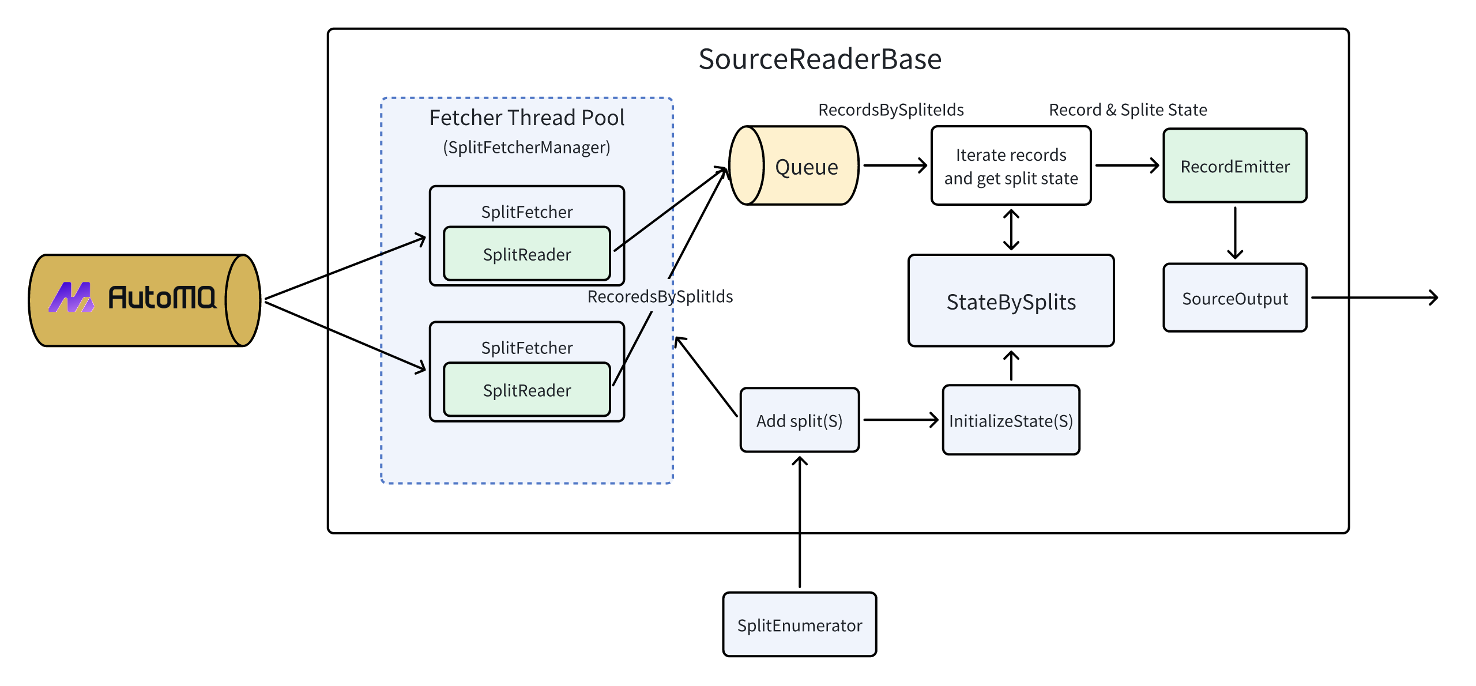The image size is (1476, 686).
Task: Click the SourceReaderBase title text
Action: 819,59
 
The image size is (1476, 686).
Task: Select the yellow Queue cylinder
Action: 795,166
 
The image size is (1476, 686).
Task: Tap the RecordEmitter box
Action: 1234,166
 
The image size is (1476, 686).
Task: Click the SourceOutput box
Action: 1234,298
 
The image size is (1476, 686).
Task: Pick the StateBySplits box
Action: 1011,301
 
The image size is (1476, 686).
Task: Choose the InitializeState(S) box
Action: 1011,420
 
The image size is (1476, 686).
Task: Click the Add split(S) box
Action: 799,420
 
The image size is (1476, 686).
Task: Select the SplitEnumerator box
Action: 799,625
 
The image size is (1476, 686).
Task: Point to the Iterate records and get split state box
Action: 1011,166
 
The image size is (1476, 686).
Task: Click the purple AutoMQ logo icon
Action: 71,297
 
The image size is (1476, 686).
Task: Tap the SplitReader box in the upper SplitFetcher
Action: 526,254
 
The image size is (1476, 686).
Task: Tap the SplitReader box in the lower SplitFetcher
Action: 526,390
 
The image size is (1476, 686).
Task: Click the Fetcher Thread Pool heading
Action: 526,118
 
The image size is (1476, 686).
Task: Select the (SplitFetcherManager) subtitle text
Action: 526,148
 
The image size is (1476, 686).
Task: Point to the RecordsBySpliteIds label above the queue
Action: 891,110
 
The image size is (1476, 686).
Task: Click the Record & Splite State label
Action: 1127,110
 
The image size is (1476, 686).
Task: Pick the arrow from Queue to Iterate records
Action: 894,166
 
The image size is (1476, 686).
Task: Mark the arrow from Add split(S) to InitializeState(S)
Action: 900,420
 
